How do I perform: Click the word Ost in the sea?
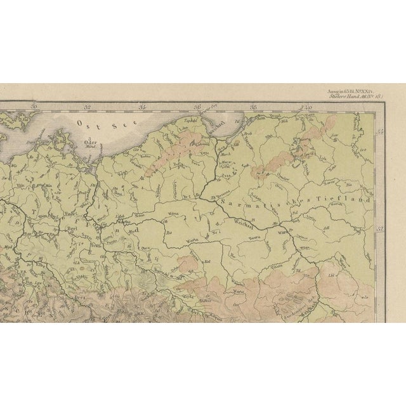[81, 122]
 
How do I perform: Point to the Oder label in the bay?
[93, 143]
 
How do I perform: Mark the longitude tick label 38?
[252, 107]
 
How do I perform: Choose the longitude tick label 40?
[307, 107]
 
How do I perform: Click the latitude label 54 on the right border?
[380, 131]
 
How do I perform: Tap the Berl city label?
[72, 226]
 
